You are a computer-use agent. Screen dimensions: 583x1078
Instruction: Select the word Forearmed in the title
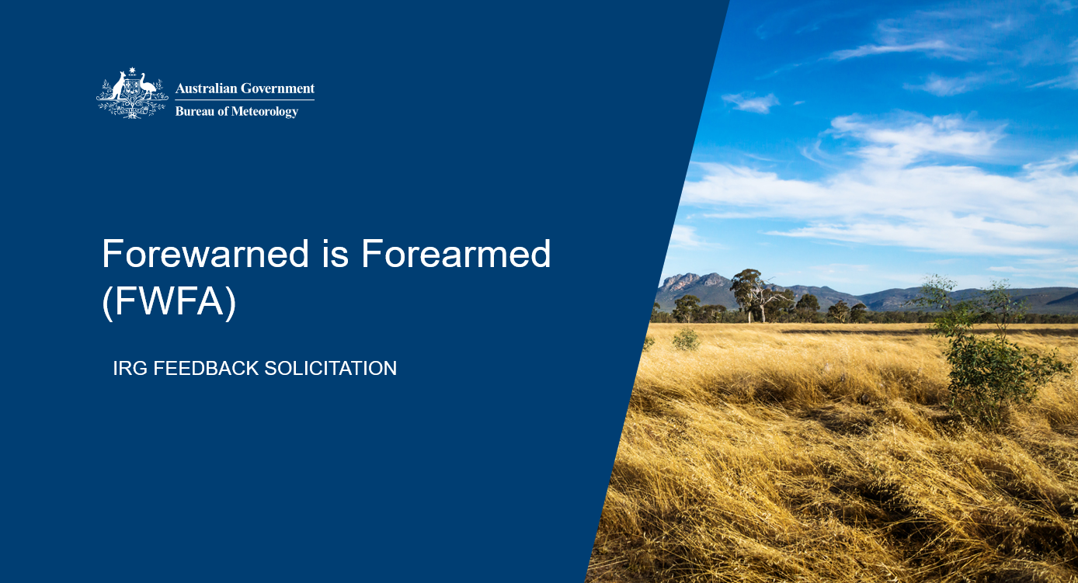456,255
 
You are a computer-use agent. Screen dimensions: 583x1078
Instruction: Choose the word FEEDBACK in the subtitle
206,368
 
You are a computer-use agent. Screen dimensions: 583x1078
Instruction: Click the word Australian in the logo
206,88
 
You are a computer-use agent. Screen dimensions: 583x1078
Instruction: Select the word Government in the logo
278,88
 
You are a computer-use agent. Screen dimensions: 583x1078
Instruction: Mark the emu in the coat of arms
148,88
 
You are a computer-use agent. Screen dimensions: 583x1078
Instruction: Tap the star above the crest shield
132,71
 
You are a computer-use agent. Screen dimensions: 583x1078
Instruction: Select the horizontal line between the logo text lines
245,99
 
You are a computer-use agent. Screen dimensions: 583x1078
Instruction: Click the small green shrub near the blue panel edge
686,338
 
